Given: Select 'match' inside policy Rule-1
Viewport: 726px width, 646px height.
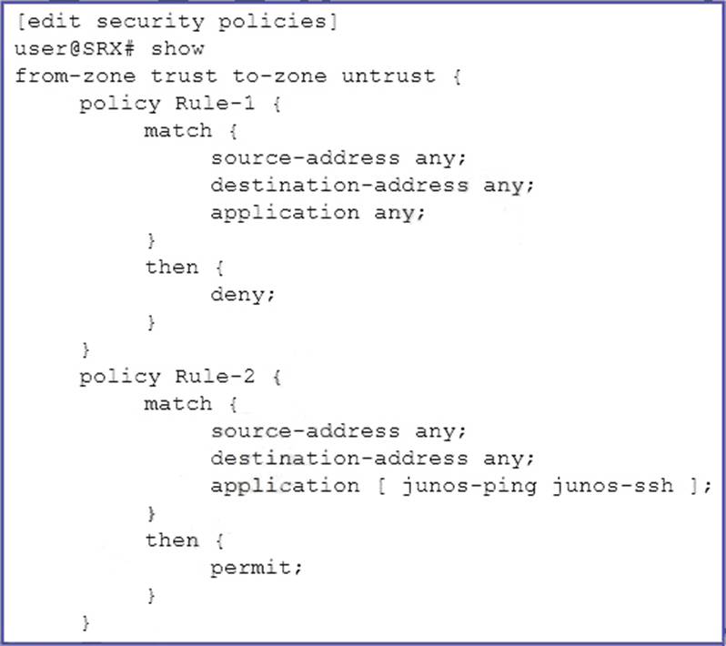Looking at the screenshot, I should click(177, 130).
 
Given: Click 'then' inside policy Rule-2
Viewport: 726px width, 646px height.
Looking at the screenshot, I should click(171, 540).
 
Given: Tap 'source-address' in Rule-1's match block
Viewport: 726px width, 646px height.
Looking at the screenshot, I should click(305, 157).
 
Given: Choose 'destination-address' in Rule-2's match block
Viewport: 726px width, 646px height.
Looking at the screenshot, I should click(339, 459).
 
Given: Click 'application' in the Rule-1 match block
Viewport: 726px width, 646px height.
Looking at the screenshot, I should click(285, 212).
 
